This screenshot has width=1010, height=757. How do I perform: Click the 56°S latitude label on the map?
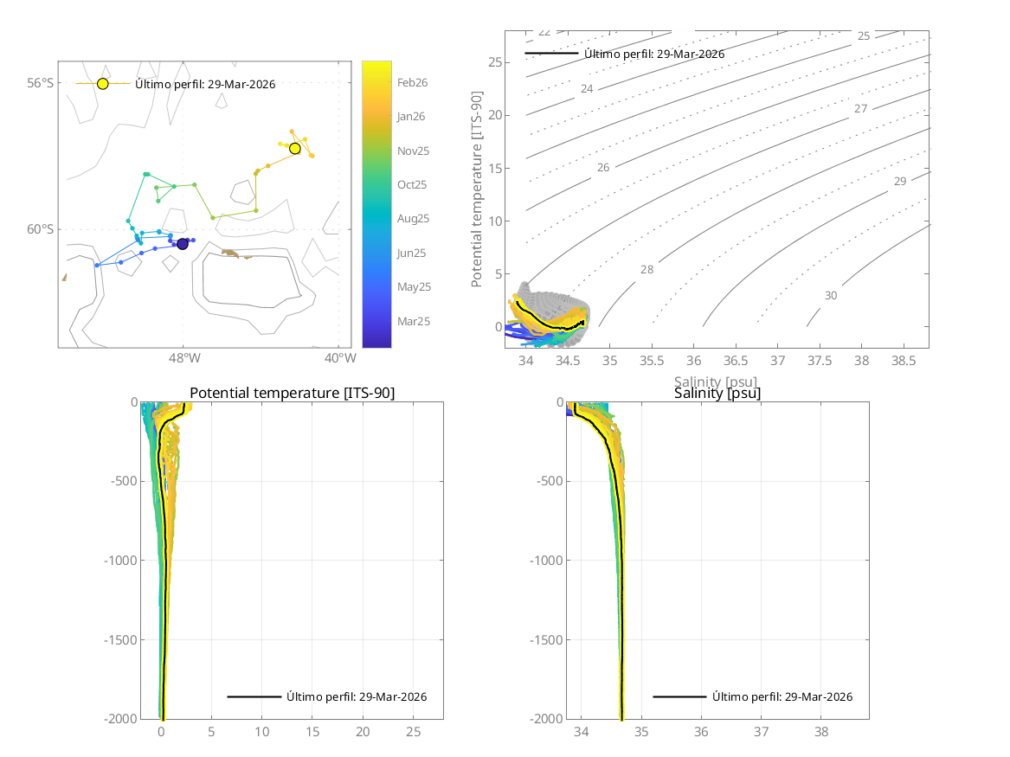(40, 83)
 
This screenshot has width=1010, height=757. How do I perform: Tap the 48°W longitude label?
(183, 358)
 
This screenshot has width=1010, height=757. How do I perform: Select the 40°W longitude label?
(339, 358)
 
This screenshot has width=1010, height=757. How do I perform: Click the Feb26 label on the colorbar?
(412, 83)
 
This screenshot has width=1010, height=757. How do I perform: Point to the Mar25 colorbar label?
(413, 321)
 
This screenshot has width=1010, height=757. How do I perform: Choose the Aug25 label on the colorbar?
(413, 219)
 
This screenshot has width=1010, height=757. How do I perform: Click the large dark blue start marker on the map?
(183, 244)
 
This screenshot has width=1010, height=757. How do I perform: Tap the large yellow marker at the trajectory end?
(295, 149)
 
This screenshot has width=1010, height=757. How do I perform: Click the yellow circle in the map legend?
(103, 84)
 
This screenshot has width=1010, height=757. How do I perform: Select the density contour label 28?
(647, 270)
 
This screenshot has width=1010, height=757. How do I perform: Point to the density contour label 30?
(831, 296)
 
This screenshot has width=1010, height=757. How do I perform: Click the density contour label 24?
(587, 89)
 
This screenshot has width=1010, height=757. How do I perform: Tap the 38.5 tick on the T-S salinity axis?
(904, 359)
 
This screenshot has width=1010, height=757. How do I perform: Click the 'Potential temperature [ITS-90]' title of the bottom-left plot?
(292, 393)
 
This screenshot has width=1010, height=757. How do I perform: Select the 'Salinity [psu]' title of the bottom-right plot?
(717, 393)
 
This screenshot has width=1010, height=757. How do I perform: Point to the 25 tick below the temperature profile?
(413, 732)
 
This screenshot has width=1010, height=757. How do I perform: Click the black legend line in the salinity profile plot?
(679, 696)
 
